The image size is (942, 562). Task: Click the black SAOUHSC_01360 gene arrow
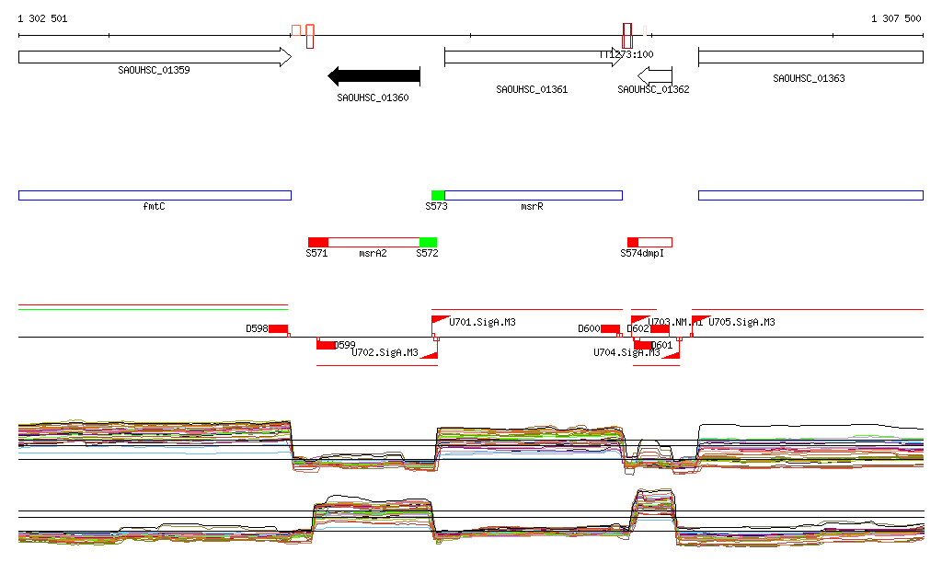pos(374,76)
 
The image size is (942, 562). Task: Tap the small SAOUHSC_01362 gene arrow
pos(655,75)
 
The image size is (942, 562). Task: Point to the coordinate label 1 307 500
pos(896,18)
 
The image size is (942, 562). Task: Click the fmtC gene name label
pos(154,207)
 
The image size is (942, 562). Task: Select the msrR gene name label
pos(532,207)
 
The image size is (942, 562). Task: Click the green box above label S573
pos(438,195)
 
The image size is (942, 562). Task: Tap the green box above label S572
pos(428,242)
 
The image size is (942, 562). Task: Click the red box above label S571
pos(317,242)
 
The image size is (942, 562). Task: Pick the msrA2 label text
pos(373,253)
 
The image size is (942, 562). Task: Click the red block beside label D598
pos(279,329)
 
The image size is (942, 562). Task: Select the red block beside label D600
pos(610,329)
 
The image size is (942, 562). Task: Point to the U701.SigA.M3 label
pos(482,323)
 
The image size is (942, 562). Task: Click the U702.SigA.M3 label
pos(385,352)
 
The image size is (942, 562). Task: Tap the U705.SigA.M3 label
pos(741,323)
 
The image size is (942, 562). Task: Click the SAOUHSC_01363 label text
pos(809,79)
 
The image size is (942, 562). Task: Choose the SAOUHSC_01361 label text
pos(532,90)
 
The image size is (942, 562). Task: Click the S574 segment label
pos(633,253)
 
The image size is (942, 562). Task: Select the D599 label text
pos(344,345)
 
